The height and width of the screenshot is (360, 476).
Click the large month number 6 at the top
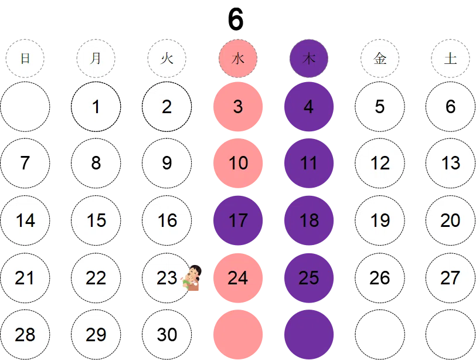pos(236,19)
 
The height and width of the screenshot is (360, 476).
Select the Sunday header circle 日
pos(25,58)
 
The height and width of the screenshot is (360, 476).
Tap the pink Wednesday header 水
pos(238,58)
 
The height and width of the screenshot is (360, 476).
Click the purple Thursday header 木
pos(309,58)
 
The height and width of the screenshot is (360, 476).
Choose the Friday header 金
pos(380,58)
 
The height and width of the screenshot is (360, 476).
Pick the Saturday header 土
pos(450,58)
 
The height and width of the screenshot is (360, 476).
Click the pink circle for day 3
pos(238,107)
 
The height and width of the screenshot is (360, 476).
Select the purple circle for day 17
pos(238,220)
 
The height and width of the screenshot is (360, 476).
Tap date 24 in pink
pos(238,278)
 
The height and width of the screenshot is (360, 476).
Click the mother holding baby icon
pos(191,278)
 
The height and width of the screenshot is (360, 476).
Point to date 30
pos(166,335)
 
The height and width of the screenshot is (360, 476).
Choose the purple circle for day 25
pos(309,278)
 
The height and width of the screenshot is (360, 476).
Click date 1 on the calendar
pos(96,107)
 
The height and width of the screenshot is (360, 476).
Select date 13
pos(450,163)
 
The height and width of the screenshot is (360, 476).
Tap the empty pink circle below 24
pos(238,335)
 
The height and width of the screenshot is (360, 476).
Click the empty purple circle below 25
pos(309,335)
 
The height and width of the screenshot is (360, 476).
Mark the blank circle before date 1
pos(25,107)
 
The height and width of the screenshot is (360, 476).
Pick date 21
pos(25,278)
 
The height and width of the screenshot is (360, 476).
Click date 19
pos(380,220)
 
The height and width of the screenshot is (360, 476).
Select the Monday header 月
pos(96,58)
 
